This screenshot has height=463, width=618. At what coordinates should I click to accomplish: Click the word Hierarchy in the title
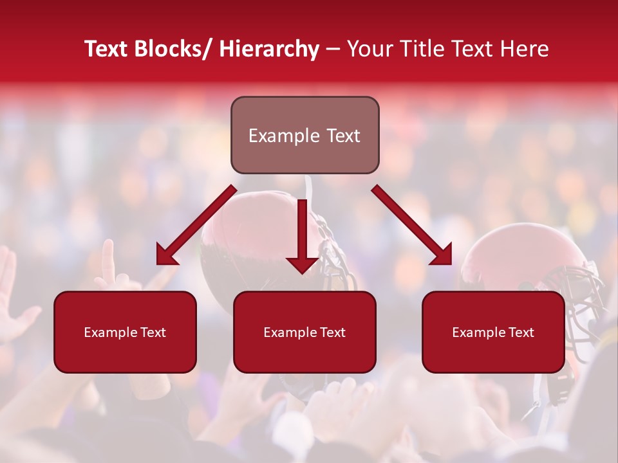point(269,49)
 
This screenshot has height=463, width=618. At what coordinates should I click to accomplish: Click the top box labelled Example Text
point(304,135)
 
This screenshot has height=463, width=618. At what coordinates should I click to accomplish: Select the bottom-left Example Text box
point(125,332)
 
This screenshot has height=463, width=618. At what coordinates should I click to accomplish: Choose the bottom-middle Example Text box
point(304,332)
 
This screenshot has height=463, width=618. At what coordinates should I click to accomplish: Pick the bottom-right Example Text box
point(493,332)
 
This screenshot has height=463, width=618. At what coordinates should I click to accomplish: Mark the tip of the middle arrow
point(303,273)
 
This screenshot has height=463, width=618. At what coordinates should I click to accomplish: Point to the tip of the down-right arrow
point(450,263)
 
